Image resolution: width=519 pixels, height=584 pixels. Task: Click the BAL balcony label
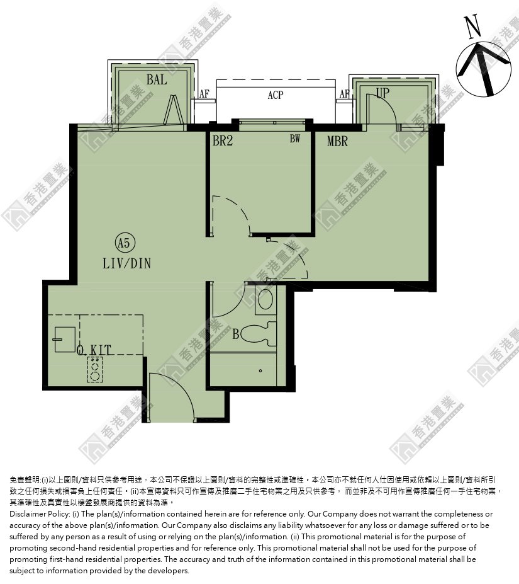coord(156,79)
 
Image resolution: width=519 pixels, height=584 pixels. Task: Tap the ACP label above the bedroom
coord(276,95)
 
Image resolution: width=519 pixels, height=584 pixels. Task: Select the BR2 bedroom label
coord(223,140)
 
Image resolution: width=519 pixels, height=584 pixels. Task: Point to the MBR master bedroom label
coord(337,141)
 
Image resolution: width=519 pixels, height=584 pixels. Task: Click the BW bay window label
coord(295,139)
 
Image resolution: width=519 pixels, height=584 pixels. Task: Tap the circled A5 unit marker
coord(125,243)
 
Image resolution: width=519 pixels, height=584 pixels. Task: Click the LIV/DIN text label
coord(127,264)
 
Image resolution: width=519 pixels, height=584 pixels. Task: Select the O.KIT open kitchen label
coord(94,350)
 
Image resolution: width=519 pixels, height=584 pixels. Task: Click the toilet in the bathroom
coord(259,333)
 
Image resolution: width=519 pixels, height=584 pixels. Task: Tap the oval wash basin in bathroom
coord(265,299)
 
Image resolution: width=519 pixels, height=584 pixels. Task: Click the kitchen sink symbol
coord(64,340)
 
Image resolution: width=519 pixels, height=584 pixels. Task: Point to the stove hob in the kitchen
coord(95,369)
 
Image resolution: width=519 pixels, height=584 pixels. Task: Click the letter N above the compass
coord(473,27)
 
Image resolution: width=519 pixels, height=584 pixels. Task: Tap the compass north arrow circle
coord(484,69)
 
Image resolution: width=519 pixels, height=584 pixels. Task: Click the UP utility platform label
coord(383,93)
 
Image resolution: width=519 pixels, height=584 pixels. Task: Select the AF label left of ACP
coord(204,93)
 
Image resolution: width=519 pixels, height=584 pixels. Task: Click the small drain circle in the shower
coord(260,370)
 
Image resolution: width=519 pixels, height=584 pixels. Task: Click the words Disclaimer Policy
coord(40,514)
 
